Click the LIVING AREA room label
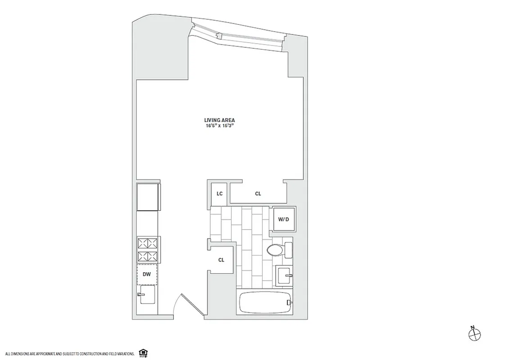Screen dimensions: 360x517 219,120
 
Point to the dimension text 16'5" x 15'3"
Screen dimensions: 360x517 219,126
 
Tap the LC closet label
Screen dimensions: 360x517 220,194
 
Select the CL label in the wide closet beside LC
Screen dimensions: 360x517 258,194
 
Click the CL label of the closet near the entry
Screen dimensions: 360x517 221,260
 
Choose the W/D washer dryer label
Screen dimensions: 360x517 283,220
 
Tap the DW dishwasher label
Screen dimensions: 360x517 147,274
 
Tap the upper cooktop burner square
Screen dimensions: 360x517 147,244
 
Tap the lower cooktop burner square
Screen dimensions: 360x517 147,257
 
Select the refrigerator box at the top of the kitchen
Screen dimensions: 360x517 148,197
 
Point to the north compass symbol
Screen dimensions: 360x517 474,333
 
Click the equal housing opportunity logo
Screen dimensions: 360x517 143,352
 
